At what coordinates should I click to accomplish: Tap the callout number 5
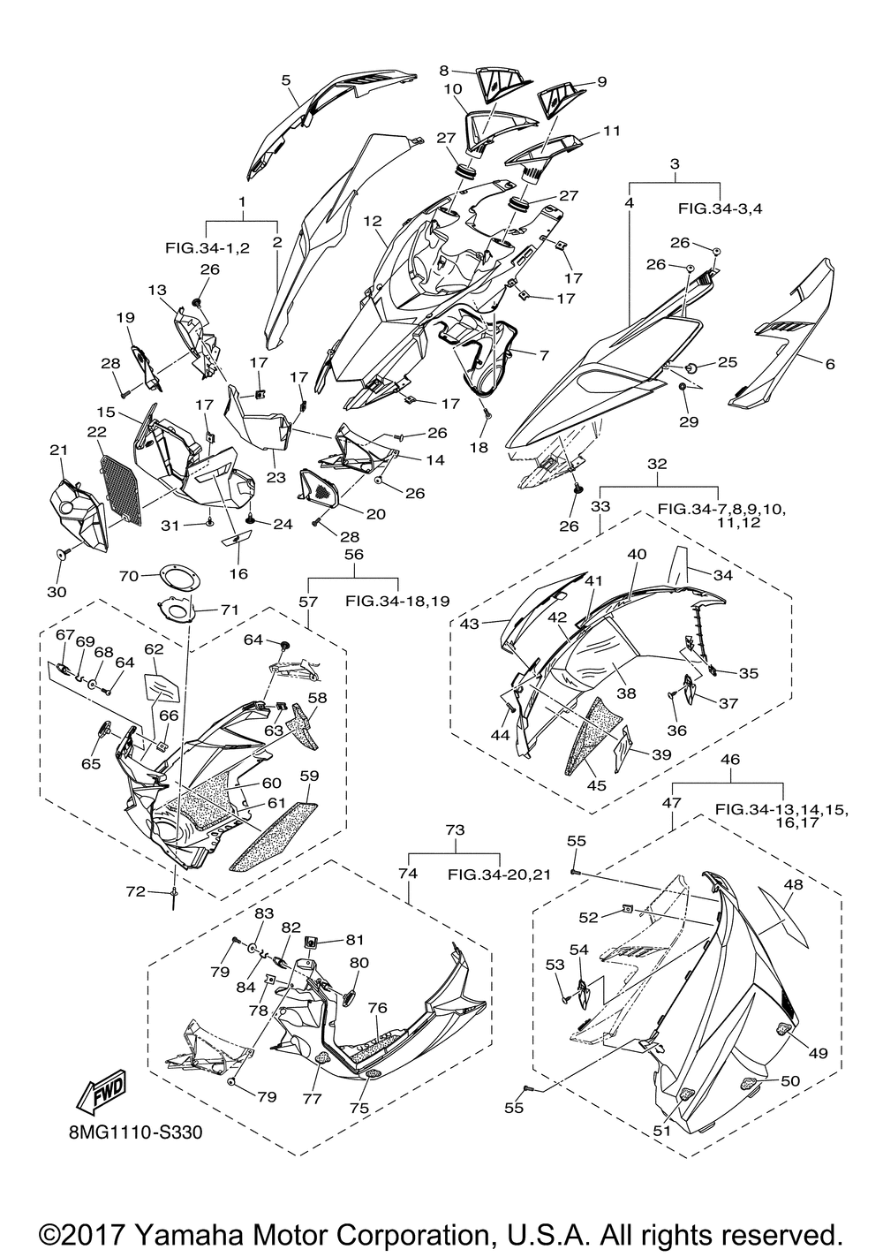pyautogui.click(x=286, y=80)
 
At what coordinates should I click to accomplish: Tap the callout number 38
pyautogui.click(x=626, y=693)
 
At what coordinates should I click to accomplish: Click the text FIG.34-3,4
pyautogui.click(x=721, y=208)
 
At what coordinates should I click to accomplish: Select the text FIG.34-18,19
pyautogui.click(x=397, y=601)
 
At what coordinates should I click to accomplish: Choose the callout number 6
pyautogui.click(x=830, y=364)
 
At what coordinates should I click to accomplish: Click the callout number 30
pyautogui.click(x=57, y=592)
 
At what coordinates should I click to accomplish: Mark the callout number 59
pyautogui.click(x=309, y=776)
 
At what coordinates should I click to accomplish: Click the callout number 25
pyautogui.click(x=728, y=362)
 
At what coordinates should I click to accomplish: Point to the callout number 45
pyautogui.click(x=596, y=785)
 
